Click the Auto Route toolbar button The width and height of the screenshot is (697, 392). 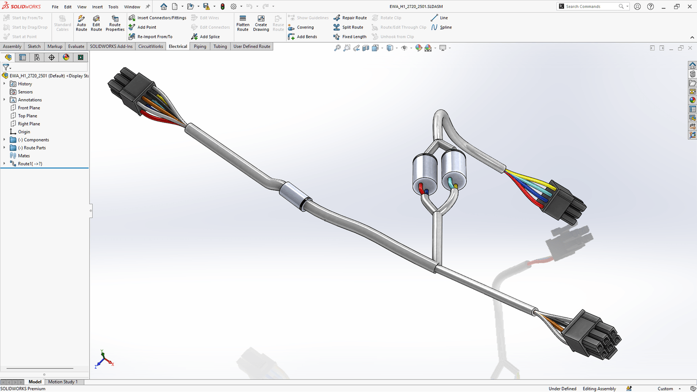(x=81, y=23)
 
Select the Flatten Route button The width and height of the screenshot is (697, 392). (x=242, y=23)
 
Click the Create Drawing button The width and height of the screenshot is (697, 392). (x=261, y=23)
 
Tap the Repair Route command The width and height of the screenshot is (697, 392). (x=350, y=18)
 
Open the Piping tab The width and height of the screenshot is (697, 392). (x=200, y=46)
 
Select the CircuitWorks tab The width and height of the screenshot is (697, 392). (x=150, y=46)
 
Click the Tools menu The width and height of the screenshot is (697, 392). (x=113, y=7)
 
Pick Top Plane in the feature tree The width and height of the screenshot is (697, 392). (x=27, y=116)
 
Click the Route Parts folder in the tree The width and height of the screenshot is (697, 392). (x=34, y=148)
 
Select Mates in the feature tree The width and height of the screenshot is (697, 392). (x=24, y=156)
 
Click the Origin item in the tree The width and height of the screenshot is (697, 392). (x=24, y=132)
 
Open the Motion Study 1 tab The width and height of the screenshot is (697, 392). (x=63, y=382)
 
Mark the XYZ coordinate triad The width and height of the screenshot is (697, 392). (x=104, y=360)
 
